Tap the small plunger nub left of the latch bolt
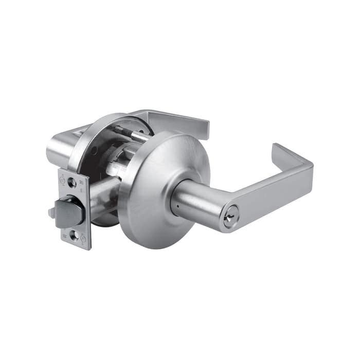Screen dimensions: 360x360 tap(52, 212)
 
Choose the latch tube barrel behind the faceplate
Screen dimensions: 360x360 tap(103, 193)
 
